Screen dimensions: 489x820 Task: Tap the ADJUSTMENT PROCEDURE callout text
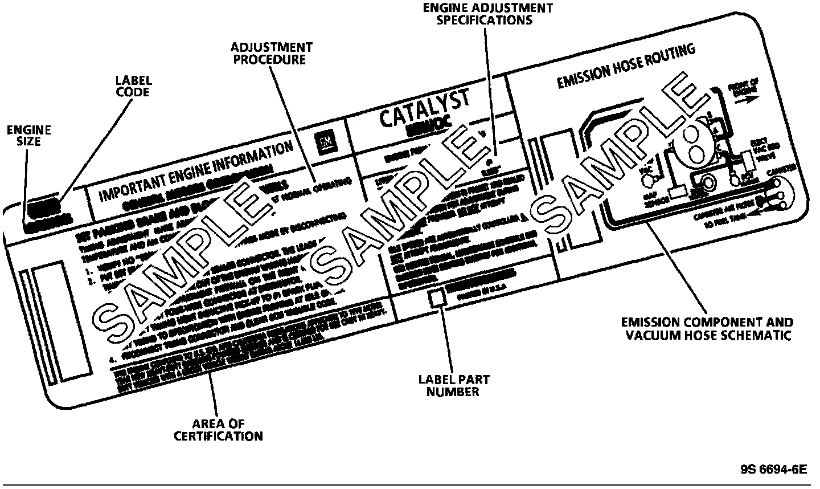tap(272, 52)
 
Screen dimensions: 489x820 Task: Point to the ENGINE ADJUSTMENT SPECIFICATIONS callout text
tap(487, 14)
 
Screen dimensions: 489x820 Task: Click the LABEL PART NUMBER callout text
tap(454, 385)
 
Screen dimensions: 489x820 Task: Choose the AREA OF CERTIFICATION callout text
tap(218, 430)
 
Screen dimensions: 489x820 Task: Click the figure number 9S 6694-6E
tap(774, 470)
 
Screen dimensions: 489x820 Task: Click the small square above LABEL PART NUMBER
tap(437, 298)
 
